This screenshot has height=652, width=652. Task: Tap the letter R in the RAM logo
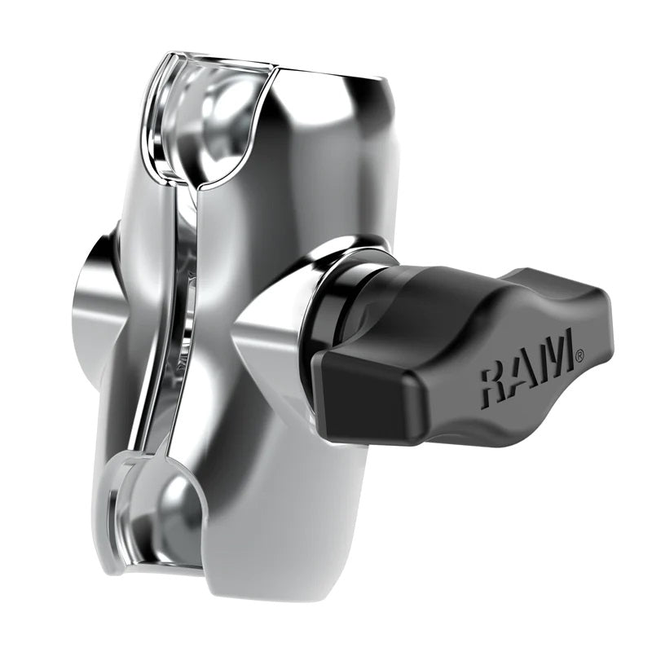click(x=495, y=379)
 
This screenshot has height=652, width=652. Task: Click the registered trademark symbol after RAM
click(x=579, y=355)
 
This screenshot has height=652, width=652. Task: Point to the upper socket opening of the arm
click(x=216, y=122)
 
